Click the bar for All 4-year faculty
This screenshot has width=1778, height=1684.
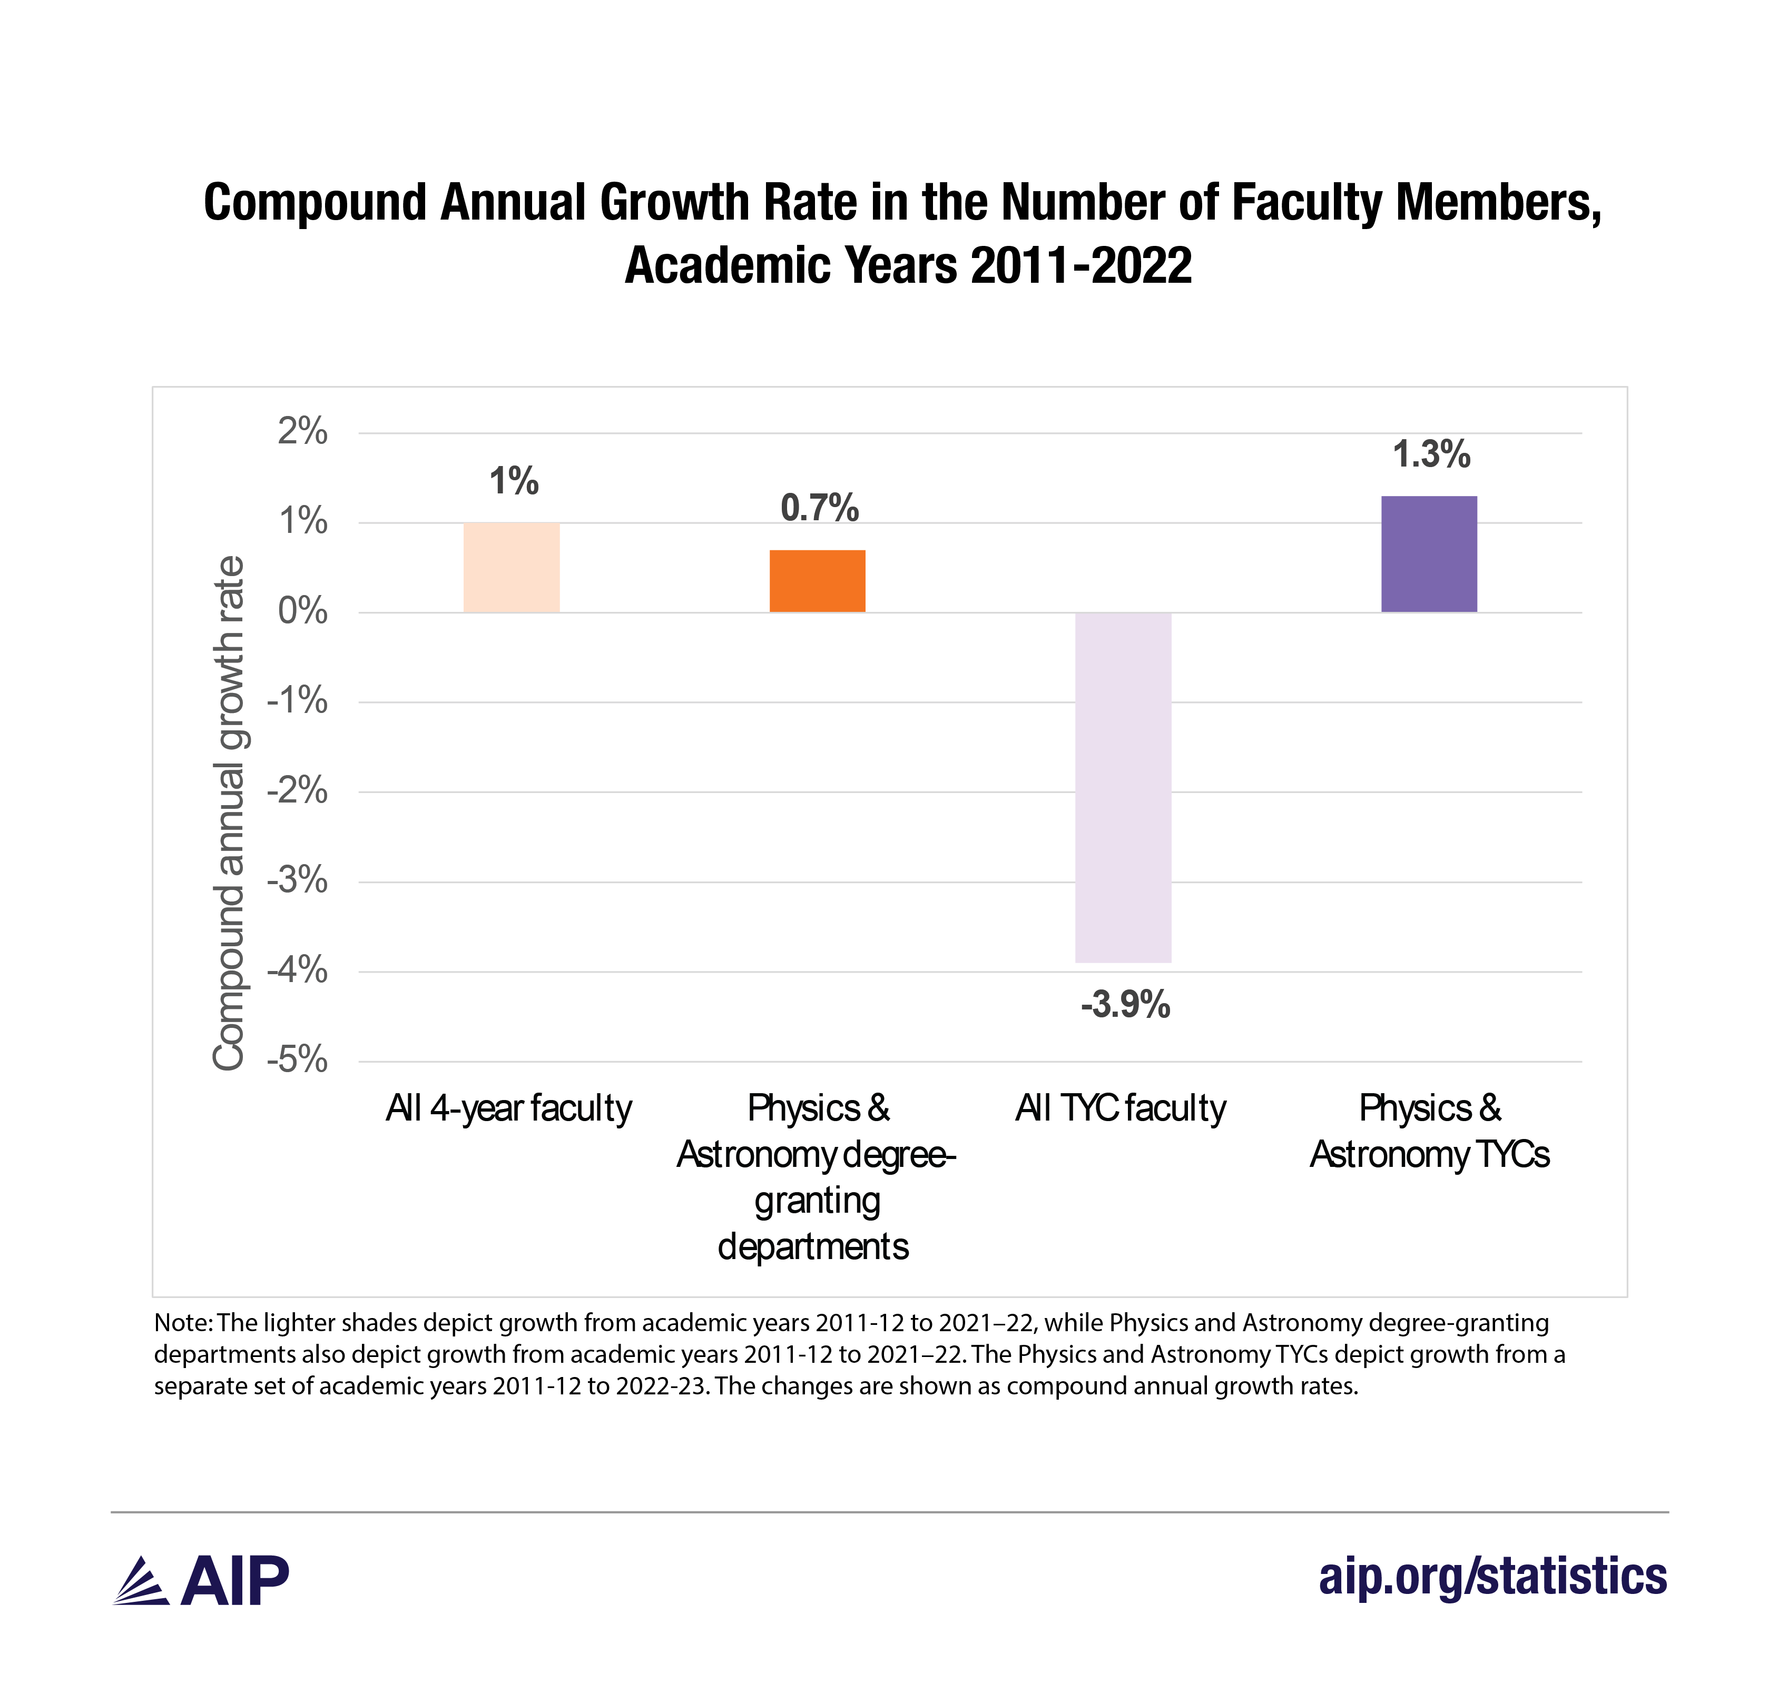click(x=511, y=567)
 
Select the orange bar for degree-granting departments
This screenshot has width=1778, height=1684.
click(x=817, y=581)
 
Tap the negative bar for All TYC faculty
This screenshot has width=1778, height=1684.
click(x=1123, y=787)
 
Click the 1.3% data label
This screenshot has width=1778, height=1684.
click(x=1431, y=454)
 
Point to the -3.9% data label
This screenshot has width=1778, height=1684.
click(x=1125, y=1005)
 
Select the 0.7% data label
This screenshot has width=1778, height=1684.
click(x=819, y=508)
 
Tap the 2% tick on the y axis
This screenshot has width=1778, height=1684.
click(x=302, y=432)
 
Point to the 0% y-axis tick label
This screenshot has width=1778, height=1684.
click(x=302, y=611)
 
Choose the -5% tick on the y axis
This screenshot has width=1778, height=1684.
click(x=297, y=1060)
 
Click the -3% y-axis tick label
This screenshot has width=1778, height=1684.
click(x=297, y=880)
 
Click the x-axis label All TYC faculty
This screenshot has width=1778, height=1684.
click(x=1121, y=1108)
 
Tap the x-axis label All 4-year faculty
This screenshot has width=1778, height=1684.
click(x=509, y=1108)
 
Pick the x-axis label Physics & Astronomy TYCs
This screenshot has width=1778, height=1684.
click(x=1430, y=1131)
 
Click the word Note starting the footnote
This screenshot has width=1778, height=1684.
click(x=182, y=1323)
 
